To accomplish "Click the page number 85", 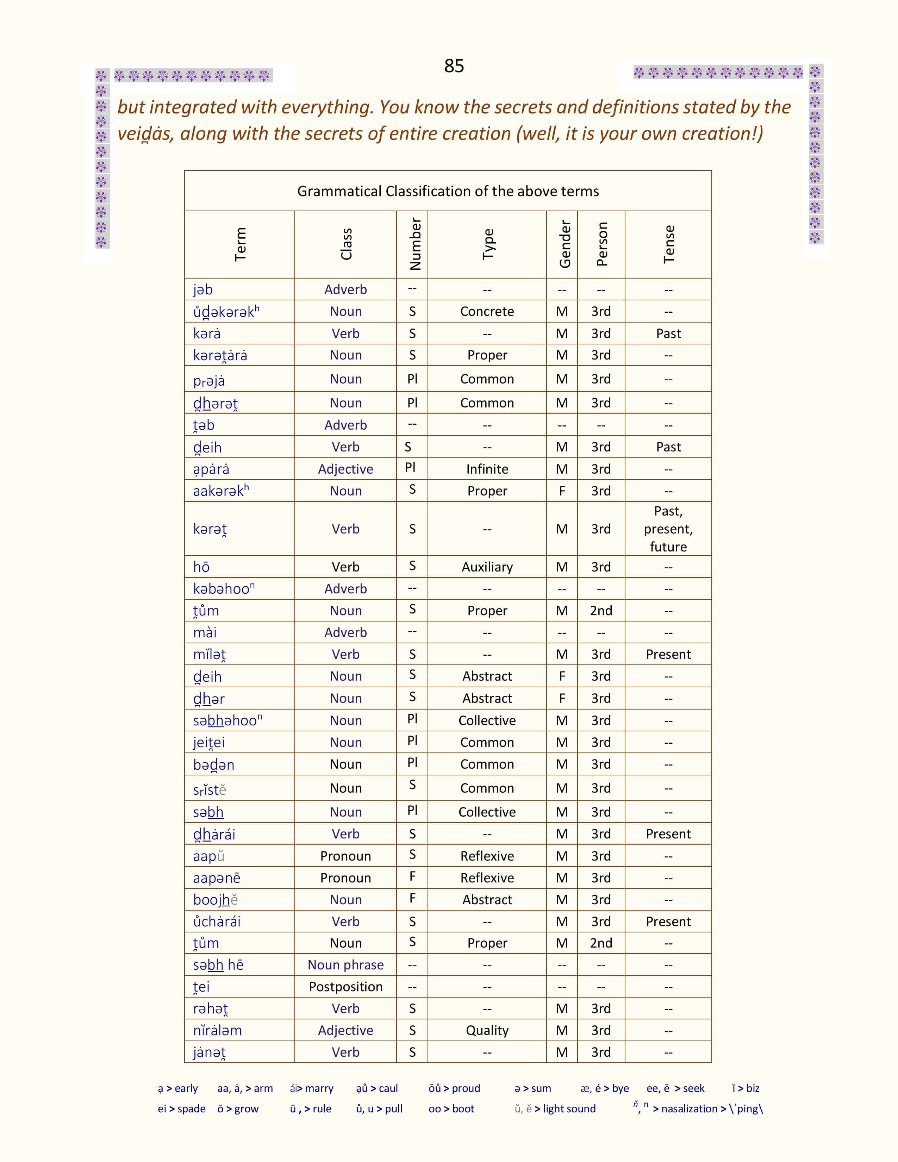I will tap(454, 66).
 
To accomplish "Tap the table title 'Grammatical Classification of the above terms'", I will tap(448, 191).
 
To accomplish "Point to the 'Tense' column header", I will tap(669, 244).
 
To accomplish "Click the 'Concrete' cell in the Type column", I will tap(487, 311).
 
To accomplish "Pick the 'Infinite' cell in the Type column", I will tap(487, 469).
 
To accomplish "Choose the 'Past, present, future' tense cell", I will tap(668, 529).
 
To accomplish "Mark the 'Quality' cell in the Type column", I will tap(487, 1030).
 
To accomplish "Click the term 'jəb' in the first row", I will tap(203, 289).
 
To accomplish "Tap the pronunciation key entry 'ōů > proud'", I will tap(454, 1088).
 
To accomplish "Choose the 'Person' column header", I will tap(602, 244).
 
